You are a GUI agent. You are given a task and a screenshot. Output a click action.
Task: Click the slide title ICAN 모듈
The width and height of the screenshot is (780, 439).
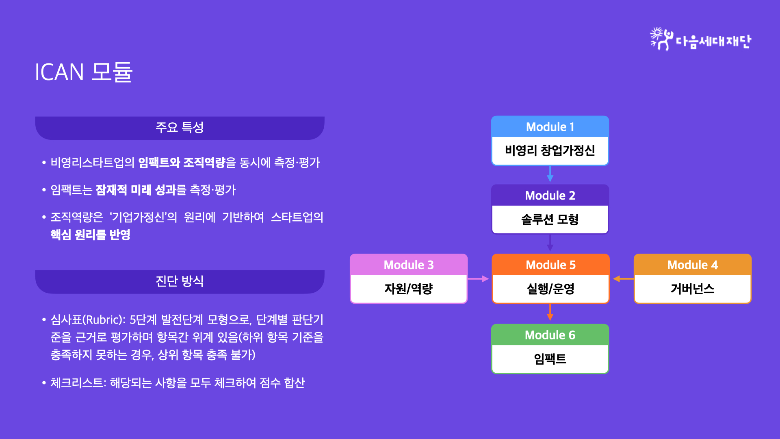[x=84, y=72]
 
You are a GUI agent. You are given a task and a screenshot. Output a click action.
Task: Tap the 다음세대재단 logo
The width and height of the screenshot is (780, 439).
[x=700, y=39]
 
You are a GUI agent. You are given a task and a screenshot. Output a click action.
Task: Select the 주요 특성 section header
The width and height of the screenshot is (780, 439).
[x=180, y=128]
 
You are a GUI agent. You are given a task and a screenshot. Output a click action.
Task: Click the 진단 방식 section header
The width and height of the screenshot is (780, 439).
[x=180, y=281]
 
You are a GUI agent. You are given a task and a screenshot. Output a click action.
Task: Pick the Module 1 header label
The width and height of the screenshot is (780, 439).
[x=550, y=127]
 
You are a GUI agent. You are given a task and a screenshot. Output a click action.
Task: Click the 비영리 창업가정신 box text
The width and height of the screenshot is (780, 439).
[x=550, y=151]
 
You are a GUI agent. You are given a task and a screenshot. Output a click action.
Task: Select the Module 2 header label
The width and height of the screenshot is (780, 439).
[x=550, y=196]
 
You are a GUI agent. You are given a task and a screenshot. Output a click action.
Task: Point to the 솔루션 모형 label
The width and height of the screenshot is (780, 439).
[x=550, y=219]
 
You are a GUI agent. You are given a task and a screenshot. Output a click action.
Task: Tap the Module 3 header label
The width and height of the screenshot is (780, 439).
[x=409, y=265]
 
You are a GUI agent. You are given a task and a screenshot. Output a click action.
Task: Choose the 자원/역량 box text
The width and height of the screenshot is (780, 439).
[x=409, y=289]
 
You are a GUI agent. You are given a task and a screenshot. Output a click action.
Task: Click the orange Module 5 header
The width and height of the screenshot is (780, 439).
[x=550, y=265]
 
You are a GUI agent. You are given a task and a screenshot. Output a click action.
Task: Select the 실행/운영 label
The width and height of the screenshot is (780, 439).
[x=550, y=289]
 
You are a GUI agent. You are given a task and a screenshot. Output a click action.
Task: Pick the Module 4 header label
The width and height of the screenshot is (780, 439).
[x=693, y=265]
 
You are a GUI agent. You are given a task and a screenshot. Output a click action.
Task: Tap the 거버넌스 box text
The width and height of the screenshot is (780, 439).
[x=693, y=289]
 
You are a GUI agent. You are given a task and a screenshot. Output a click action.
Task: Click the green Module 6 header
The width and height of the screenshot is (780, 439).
[x=550, y=335]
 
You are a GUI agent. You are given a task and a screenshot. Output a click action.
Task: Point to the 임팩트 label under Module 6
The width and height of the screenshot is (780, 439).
[x=550, y=359]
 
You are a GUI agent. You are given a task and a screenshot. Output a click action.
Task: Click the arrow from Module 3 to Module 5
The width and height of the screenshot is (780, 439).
[x=478, y=279]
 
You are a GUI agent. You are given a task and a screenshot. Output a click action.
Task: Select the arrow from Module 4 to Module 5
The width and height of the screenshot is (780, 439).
[x=624, y=279]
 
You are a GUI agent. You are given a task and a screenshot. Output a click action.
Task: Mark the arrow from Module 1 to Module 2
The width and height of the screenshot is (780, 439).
[x=550, y=174]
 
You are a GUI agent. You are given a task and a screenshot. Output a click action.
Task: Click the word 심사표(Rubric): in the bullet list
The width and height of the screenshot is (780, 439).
[x=88, y=320]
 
